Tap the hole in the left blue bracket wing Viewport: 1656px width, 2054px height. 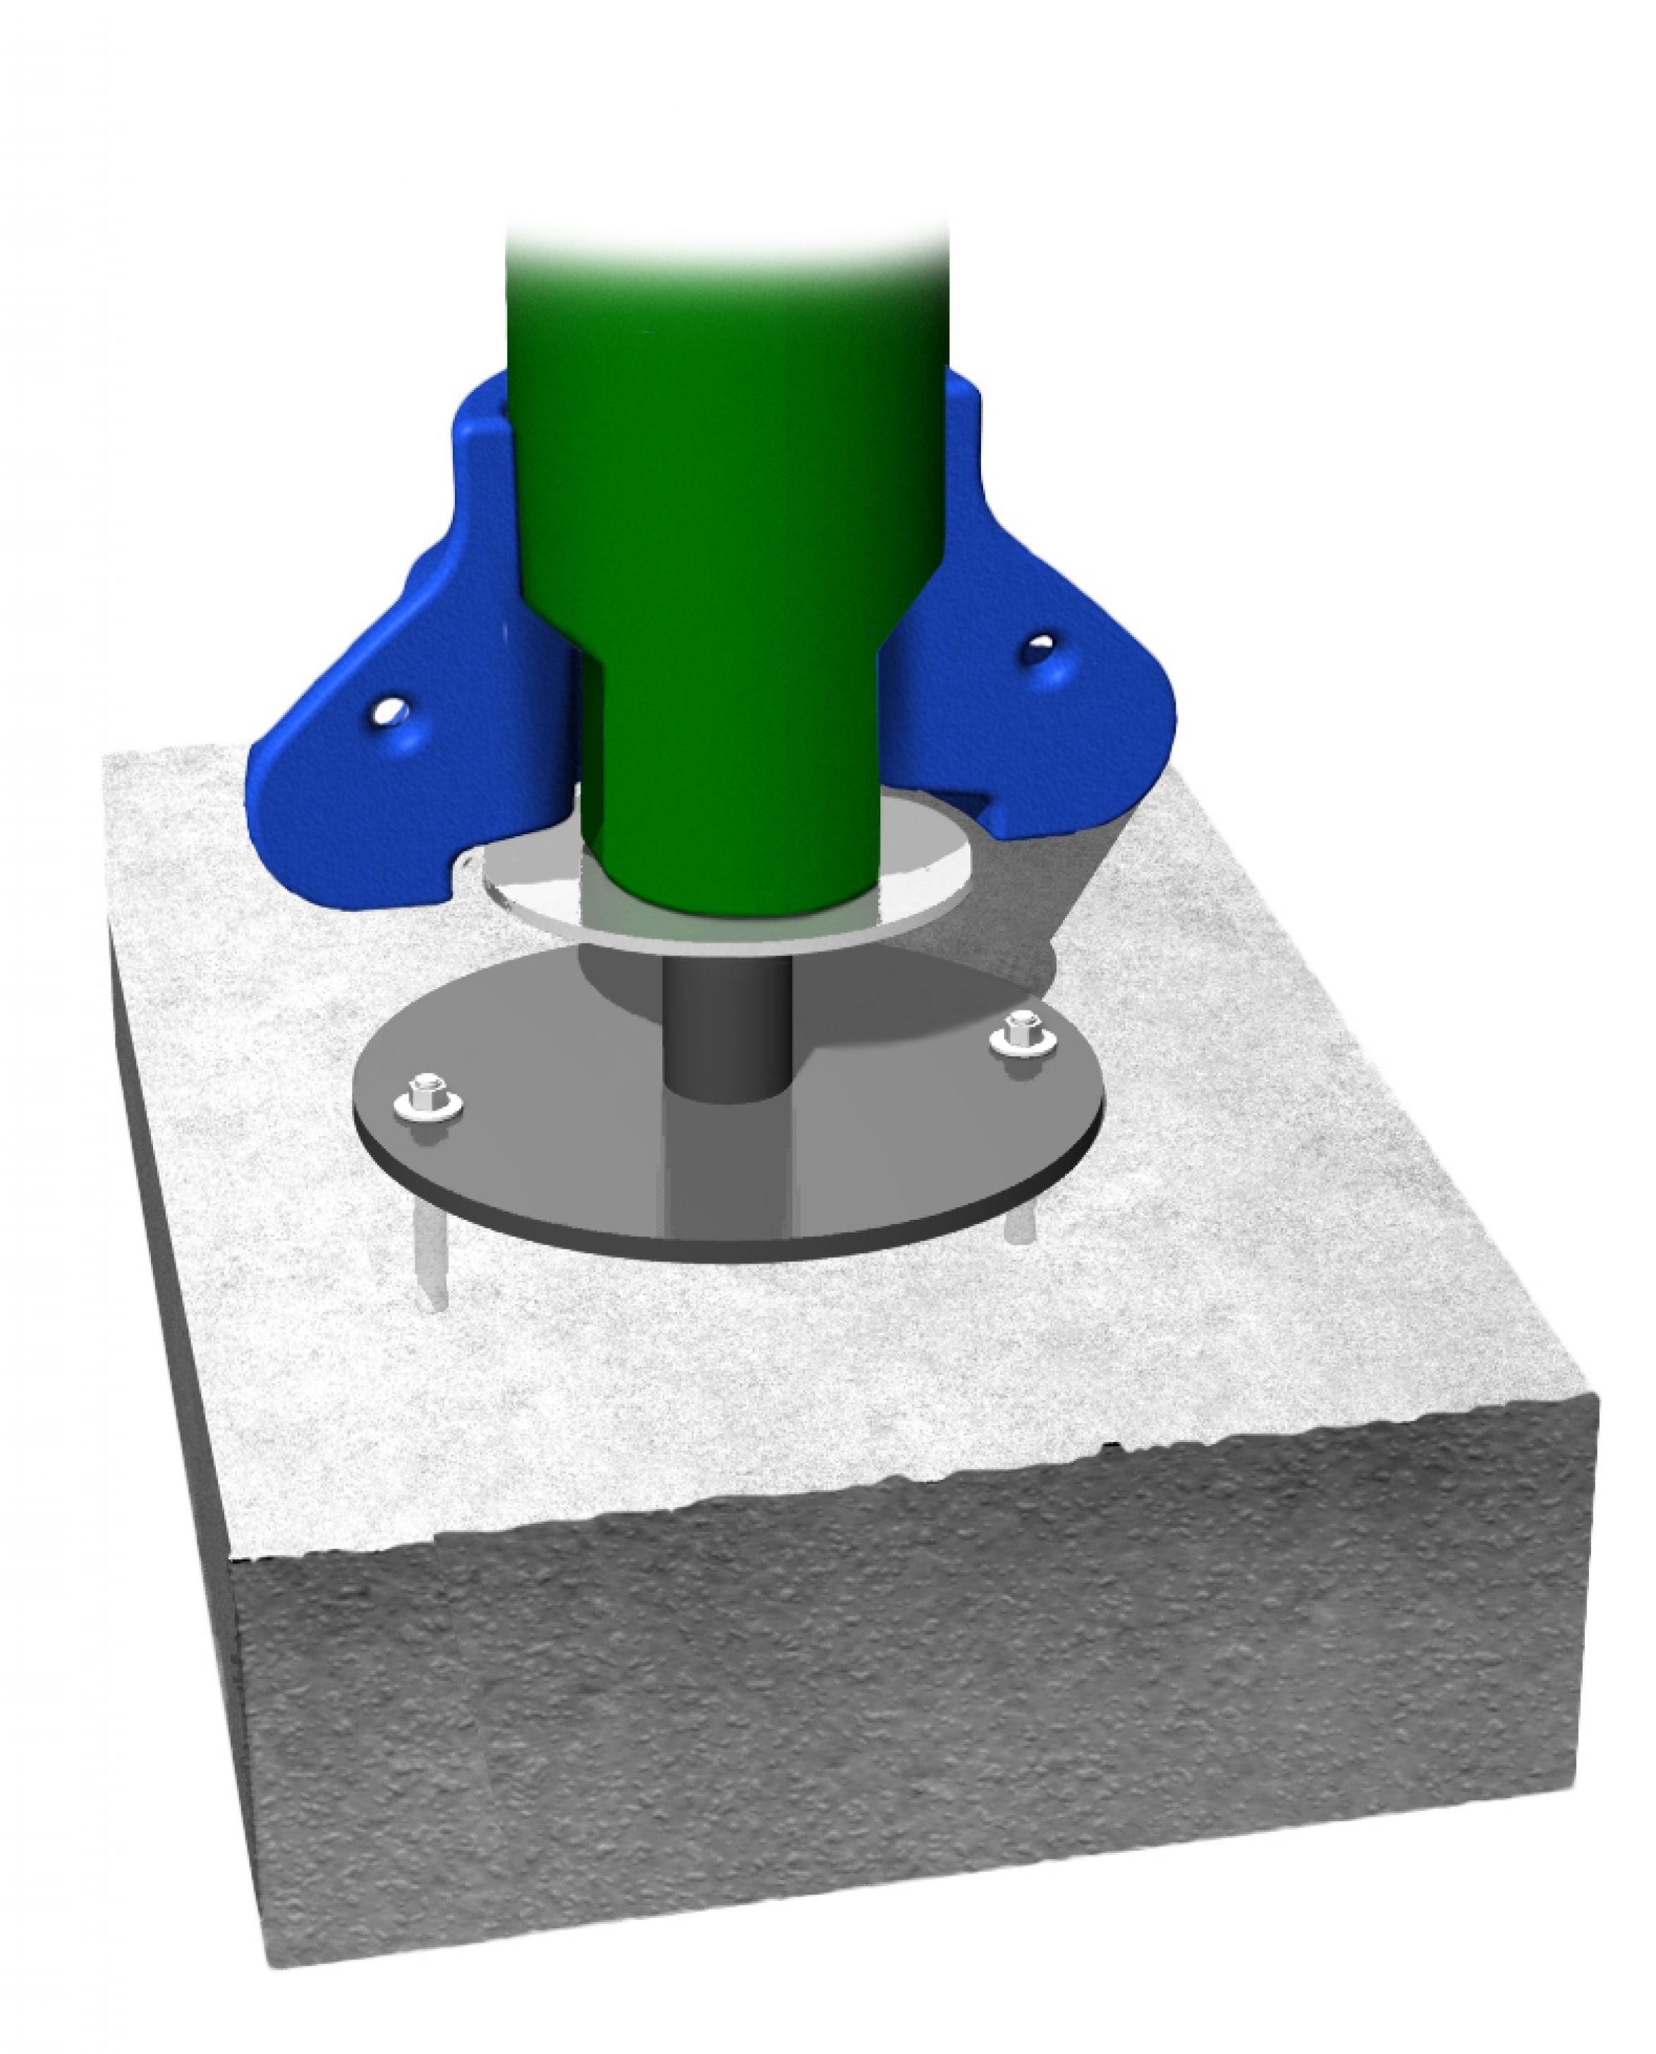click(389, 711)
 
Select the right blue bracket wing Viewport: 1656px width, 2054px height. click(1049, 725)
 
